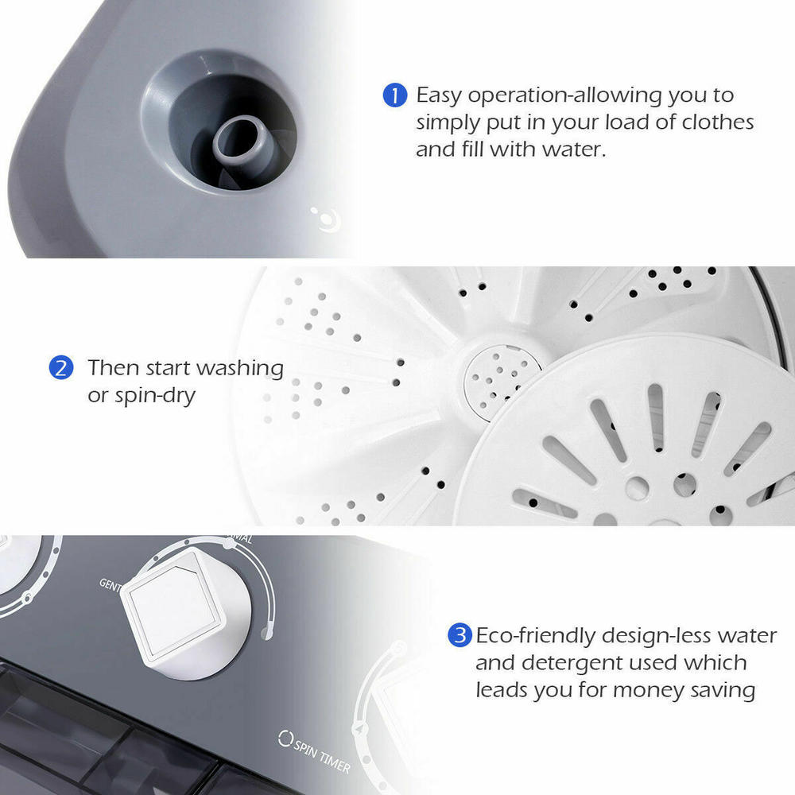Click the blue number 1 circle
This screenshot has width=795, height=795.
[394, 96]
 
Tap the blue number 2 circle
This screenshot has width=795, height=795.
[61, 368]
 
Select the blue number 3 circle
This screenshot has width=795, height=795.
[459, 636]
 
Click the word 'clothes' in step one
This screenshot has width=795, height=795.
[715, 122]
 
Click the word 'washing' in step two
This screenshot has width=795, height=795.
[239, 369]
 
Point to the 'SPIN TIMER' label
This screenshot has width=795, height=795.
[322, 751]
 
